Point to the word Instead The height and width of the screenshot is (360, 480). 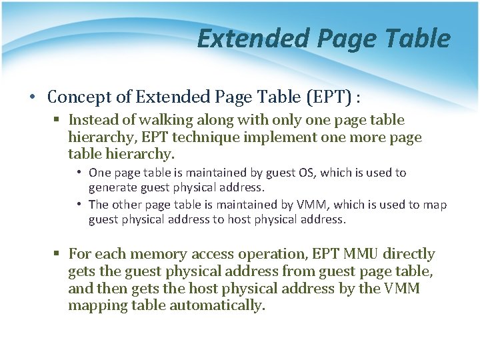tap(93, 120)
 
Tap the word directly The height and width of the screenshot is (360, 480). tap(409, 254)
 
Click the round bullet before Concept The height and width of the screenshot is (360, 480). tap(33, 97)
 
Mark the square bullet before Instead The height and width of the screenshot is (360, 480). tap(58, 121)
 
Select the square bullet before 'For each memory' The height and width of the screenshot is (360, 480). tap(58, 255)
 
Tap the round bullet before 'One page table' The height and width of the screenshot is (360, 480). tap(79, 173)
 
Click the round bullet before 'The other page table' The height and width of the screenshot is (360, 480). tap(79, 205)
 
